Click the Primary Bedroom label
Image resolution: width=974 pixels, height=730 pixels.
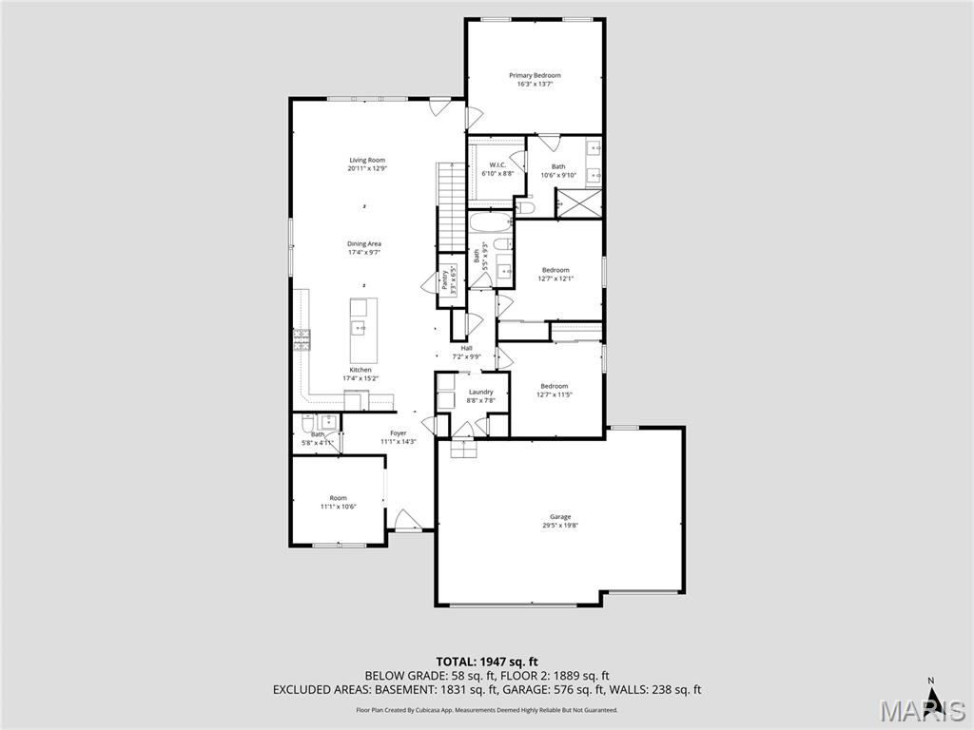[x=535, y=75]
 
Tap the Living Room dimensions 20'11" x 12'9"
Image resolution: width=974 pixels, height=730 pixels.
[x=367, y=168]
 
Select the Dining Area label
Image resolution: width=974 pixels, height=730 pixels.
[x=363, y=244]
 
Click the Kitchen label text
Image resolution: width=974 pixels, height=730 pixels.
[x=360, y=370]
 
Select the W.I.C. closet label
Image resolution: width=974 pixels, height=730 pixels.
[x=497, y=165]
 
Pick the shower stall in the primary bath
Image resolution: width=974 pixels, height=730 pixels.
[x=579, y=202]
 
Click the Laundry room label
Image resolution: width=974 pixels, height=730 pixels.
[x=480, y=392]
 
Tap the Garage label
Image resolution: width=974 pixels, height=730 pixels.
[x=560, y=517]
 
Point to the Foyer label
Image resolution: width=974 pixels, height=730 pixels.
[x=398, y=433]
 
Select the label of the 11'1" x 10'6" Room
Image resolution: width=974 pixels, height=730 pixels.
[x=338, y=498]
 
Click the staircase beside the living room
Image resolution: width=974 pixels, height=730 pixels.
[x=450, y=204]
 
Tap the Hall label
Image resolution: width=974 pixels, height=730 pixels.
[x=466, y=348]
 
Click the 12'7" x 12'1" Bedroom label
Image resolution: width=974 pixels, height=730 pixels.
[x=555, y=270]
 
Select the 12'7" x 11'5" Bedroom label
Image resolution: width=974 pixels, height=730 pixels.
[x=555, y=386]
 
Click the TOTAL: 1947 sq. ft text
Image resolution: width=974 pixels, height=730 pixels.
[x=487, y=662]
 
